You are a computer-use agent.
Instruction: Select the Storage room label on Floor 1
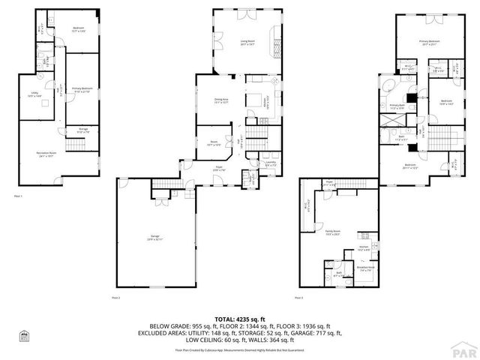tap(83, 130)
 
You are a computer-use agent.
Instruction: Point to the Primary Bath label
tap(397, 106)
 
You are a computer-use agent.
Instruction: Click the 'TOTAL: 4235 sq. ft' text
tap(240, 319)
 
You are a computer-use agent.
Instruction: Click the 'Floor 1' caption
tap(19, 196)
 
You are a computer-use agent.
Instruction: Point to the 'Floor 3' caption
tap(300, 298)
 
